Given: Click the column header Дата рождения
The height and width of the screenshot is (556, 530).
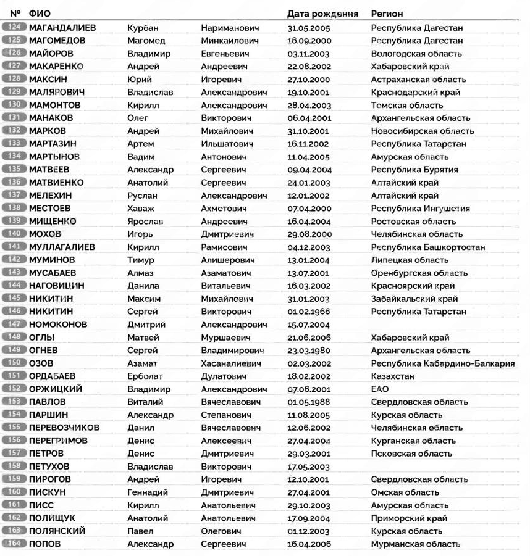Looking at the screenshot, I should coord(322,14).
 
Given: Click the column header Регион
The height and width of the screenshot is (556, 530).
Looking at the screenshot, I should coord(387,14).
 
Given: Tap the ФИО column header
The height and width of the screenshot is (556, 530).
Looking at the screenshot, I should coord(40,14).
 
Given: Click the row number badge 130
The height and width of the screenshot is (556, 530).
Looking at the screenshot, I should coord(15,105).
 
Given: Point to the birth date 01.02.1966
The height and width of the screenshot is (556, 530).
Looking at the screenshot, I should coord(309,312).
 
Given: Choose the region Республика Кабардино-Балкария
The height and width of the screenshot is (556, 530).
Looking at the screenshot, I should coord(442,363).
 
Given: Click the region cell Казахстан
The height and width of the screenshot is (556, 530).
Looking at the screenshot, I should coord(392,376).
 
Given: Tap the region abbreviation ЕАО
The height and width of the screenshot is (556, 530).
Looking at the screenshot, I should coord(380,389).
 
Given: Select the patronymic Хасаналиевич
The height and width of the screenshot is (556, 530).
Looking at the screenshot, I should coord(232,363).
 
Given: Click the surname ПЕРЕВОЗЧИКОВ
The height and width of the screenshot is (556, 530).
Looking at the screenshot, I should coord(64,428).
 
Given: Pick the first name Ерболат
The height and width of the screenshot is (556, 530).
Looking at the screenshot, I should coord(146,376).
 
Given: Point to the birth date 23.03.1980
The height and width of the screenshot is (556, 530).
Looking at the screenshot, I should coord(309,351).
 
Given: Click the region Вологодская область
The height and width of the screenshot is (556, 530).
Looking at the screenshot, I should coord(416,54).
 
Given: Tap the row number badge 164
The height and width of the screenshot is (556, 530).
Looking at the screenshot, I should coord(15,544).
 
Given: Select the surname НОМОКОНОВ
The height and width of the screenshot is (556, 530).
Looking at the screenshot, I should coord(58,325).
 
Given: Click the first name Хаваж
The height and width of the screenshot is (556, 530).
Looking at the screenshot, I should coord(140,209).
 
